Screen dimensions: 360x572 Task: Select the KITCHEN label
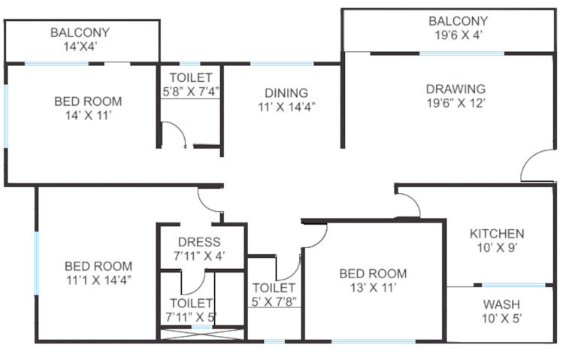click(x=497, y=234)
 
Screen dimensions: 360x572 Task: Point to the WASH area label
click(x=501, y=304)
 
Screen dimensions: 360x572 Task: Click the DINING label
click(x=286, y=92)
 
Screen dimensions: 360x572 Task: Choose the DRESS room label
click(x=199, y=242)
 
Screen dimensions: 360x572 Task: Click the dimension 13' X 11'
click(x=373, y=288)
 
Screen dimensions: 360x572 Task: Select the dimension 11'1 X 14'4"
click(x=98, y=280)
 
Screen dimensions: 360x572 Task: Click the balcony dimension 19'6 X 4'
click(x=458, y=35)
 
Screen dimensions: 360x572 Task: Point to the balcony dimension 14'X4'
click(x=80, y=47)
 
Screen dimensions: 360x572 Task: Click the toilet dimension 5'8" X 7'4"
click(x=190, y=92)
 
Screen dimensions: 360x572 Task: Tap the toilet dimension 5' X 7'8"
click(x=274, y=302)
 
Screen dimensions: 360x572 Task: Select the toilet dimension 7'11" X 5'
click(x=191, y=317)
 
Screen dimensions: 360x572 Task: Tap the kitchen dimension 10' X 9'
click(x=497, y=248)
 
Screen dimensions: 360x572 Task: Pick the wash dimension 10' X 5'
click(x=501, y=319)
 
